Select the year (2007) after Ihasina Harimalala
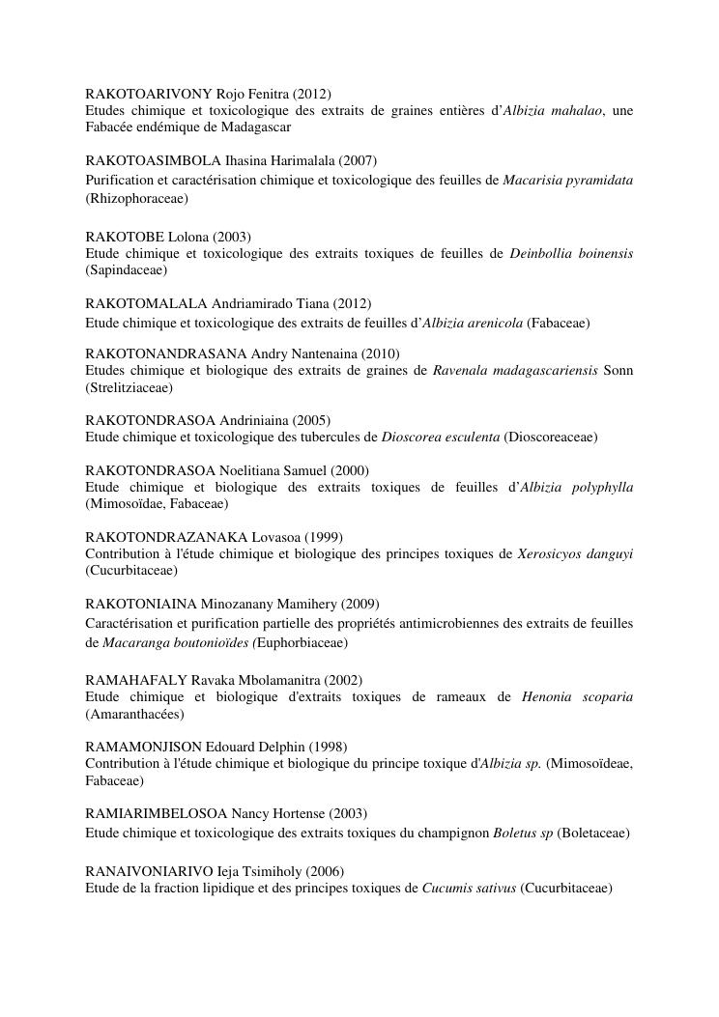pos(357,160)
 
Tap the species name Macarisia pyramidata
pos(568,181)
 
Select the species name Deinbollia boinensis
pos(571,254)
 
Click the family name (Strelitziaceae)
pos(129,387)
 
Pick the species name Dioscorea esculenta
pos(441,438)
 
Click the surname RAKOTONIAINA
pos(141,605)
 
